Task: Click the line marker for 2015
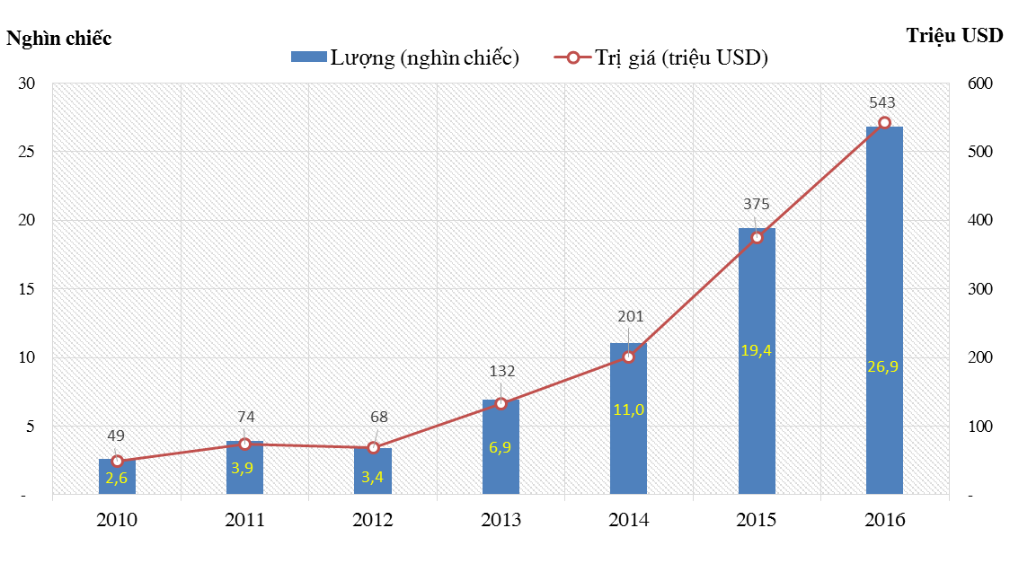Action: [757, 237]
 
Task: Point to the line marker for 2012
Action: [373, 447]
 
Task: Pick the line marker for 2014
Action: [629, 357]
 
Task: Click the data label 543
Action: [882, 102]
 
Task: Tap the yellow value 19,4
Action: [757, 350]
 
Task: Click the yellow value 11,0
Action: [629, 409]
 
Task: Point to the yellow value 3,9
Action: [244, 467]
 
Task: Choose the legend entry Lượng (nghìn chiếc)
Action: [405, 58]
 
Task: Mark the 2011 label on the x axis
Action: [244, 520]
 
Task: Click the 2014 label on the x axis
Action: [629, 520]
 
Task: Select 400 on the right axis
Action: [979, 221]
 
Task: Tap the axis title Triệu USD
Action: [955, 36]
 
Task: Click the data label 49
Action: [116, 436]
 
